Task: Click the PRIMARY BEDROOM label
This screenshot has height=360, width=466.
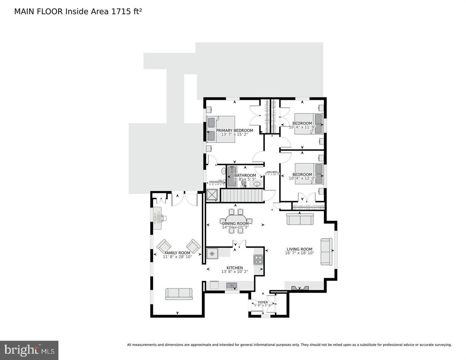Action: pos(234,130)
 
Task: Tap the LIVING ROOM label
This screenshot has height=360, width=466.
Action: pos(299,249)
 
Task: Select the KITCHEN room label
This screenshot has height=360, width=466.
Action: pos(235,268)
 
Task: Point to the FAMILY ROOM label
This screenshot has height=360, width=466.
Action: pos(177,253)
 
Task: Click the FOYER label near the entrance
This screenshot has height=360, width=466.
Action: pos(263,302)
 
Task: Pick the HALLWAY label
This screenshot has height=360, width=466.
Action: pos(272,172)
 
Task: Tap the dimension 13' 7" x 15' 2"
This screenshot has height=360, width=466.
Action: pos(234,135)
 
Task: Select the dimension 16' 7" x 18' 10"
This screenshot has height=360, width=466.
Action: pos(299,253)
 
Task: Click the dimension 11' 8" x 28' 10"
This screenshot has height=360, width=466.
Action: pos(177,257)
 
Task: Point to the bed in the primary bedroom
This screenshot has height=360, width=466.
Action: pos(221,129)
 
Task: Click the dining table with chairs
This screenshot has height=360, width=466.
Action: pos(236,221)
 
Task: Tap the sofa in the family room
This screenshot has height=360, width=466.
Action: pos(179,294)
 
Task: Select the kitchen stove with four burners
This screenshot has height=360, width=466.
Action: pos(258,259)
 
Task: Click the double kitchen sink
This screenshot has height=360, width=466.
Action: pos(232,285)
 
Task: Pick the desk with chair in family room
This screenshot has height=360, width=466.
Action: pos(158,218)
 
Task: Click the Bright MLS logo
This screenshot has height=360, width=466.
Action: pos(29,350)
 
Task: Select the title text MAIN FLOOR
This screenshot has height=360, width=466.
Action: pos(38,12)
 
